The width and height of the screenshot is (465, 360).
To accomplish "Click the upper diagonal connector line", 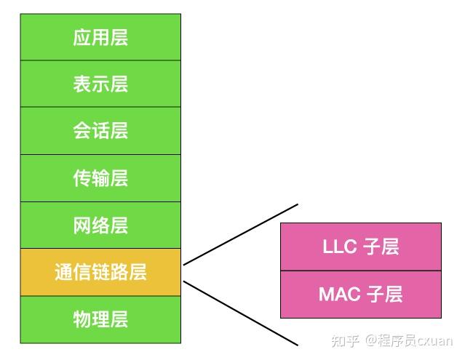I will tap(240, 235).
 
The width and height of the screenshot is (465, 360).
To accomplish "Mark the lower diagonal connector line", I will tap(240, 312).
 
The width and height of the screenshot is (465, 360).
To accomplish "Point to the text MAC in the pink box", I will tap(340, 294).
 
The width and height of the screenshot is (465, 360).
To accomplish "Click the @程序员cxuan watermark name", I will tap(411, 340).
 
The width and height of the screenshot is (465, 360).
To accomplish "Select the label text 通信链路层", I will tap(100, 272).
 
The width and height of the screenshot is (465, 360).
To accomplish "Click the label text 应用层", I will tap(100, 37).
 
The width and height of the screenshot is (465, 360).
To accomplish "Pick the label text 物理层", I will tap(100, 319).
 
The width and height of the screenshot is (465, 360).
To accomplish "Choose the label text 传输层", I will tap(100, 178).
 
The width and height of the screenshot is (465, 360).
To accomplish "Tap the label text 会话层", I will tap(100, 131).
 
